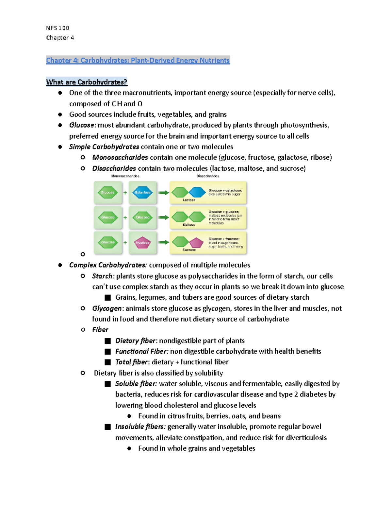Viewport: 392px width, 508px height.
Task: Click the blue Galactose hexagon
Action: (143, 192)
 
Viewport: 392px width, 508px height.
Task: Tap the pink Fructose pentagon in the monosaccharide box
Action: (142, 243)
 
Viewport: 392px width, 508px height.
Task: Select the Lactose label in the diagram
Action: (189, 200)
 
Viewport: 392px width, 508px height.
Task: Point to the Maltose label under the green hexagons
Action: (189, 225)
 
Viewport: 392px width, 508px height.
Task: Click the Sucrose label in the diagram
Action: (189, 250)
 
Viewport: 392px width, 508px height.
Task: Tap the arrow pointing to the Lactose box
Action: (163, 193)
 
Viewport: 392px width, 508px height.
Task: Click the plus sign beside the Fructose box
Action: (125, 243)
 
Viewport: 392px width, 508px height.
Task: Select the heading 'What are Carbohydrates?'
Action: (87, 82)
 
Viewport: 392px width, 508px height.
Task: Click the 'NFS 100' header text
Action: (57, 28)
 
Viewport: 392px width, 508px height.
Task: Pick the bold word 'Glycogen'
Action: (107, 308)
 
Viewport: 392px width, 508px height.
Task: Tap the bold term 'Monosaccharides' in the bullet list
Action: (120, 157)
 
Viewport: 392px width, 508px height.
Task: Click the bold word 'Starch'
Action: (102, 276)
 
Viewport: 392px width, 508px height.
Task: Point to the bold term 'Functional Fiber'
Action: (141, 351)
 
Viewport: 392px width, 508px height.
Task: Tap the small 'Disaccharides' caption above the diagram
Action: (208, 176)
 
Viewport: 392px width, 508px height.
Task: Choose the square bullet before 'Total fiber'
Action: (108, 362)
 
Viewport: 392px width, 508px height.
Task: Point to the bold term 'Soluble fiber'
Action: (136, 384)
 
